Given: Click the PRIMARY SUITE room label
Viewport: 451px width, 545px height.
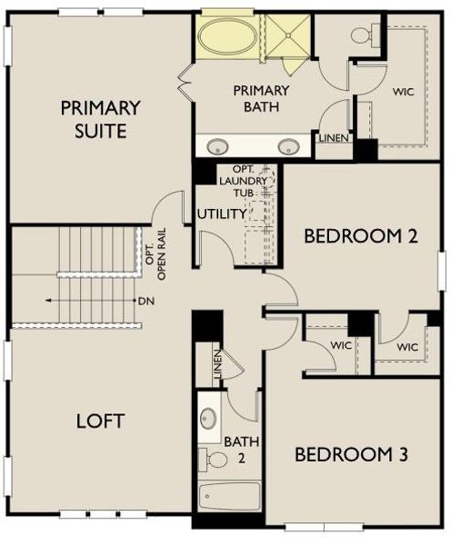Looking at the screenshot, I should (100, 119).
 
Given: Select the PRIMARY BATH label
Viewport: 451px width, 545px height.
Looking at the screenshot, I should (261, 98).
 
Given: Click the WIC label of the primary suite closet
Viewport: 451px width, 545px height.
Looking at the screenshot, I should (403, 91).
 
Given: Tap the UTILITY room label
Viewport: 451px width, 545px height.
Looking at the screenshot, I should (221, 214).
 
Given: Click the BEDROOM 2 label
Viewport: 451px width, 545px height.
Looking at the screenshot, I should (360, 236).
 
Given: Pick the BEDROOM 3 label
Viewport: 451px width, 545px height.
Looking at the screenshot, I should (349, 454).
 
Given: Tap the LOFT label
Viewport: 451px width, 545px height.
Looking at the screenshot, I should (100, 421).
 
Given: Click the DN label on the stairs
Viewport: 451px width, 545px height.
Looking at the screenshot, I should (145, 300).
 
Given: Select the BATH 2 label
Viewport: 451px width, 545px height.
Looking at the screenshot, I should (236, 449).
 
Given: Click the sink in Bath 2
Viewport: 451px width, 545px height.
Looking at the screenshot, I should (209, 420).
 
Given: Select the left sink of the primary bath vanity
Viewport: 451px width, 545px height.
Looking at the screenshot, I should (218, 145).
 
